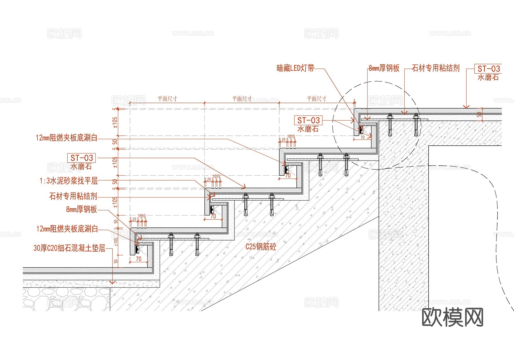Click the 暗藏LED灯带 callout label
point(295,68)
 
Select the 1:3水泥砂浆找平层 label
point(69,181)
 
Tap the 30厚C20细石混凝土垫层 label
point(69,248)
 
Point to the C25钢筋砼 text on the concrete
point(261,247)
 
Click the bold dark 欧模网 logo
point(452,317)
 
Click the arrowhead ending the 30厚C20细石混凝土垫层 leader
point(113,282)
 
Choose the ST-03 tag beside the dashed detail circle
point(308,120)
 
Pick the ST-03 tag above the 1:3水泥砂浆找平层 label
point(82,158)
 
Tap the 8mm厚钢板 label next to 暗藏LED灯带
point(384,68)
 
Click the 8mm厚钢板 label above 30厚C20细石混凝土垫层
point(81,209)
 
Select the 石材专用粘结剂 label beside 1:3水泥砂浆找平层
point(73,196)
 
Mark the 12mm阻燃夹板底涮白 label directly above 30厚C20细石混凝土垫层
point(67,229)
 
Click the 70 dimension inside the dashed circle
point(362,137)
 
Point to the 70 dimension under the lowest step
point(138,259)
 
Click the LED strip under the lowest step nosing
point(137,249)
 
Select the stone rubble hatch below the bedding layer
point(66,299)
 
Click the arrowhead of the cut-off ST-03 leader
point(466,107)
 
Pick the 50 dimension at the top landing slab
point(479,115)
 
